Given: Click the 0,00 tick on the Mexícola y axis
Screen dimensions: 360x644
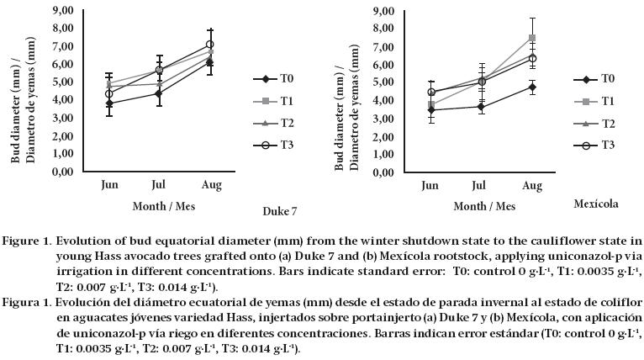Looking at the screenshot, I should click(x=383, y=172).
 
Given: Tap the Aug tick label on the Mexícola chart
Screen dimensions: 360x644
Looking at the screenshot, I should click(x=533, y=184).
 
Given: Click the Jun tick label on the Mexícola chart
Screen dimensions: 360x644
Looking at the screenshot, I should click(x=430, y=184).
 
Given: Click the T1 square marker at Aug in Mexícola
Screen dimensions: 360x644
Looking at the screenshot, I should click(x=532, y=38).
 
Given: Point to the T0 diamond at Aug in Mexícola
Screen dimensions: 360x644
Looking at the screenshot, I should click(x=532, y=87).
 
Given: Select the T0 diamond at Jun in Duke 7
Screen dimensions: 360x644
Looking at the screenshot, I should click(x=108, y=103).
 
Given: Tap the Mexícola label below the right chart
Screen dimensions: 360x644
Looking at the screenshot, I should click(x=596, y=204).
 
